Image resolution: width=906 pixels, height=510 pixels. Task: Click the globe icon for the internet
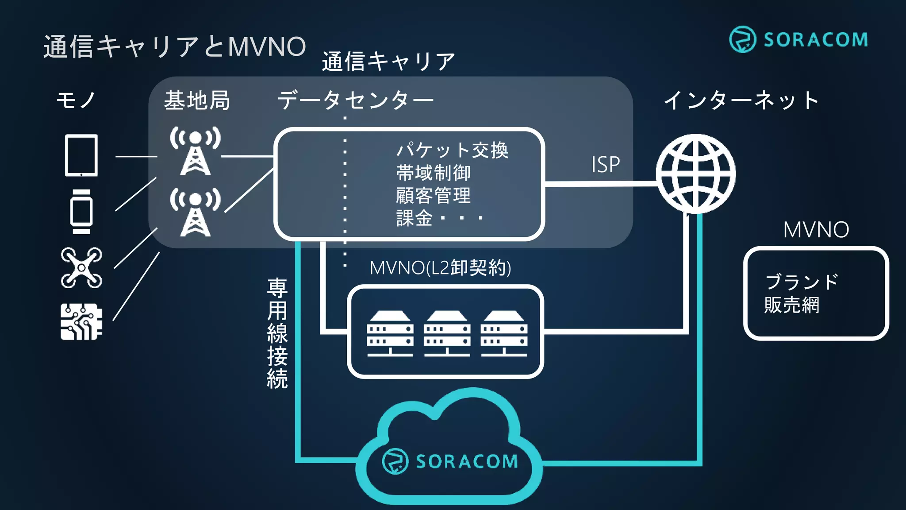[695, 174]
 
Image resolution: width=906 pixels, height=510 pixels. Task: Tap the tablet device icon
[81, 155]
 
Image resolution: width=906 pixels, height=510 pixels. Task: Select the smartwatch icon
[81, 212]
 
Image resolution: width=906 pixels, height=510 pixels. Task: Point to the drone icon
[81, 268]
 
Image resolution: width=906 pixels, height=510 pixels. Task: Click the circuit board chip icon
[81, 322]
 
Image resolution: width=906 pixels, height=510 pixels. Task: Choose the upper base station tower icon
[195, 151]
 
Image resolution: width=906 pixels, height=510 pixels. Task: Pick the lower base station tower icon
[195, 212]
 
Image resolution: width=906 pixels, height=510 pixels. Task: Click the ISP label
[605, 165]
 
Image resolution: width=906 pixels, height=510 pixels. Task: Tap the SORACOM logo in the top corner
[798, 39]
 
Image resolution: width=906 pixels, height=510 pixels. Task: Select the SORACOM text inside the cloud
[466, 462]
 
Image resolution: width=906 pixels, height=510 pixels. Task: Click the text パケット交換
[452, 150]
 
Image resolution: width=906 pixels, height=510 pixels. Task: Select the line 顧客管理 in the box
[433, 195]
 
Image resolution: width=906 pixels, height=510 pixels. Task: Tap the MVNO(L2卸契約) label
[440, 268]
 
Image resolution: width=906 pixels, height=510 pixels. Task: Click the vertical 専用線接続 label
[277, 333]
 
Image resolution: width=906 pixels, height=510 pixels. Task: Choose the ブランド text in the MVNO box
[801, 282]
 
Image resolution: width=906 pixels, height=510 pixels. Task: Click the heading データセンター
[355, 100]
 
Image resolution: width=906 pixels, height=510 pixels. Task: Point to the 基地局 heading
[197, 100]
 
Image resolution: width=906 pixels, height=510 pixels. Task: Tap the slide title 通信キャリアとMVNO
[174, 46]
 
